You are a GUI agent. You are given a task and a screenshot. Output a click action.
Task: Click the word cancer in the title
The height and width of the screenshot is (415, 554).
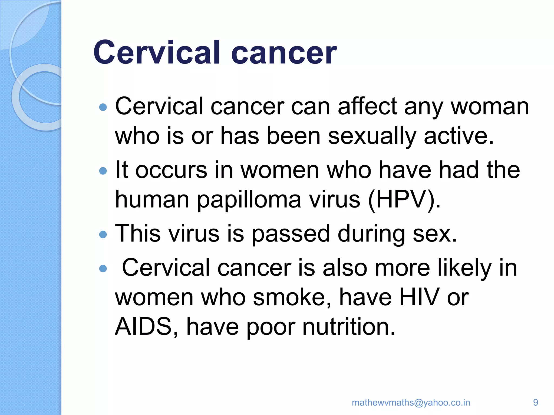pos(284,53)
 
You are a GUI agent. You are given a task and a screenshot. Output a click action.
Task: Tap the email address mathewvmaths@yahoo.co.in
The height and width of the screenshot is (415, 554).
pos(411,402)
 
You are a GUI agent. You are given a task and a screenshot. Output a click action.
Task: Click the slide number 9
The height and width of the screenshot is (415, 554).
pos(535,402)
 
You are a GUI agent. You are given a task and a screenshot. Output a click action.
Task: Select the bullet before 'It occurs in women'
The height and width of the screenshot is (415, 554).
pos(103,171)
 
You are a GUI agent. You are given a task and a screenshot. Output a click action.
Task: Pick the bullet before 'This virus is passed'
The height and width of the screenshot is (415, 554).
pos(103,234)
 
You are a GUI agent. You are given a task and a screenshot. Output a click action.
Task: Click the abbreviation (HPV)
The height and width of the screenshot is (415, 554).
pos(404,200)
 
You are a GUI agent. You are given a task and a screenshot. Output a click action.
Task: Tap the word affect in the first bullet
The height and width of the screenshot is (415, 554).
pos(367,106)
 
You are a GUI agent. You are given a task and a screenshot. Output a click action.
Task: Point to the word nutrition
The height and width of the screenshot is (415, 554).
pos(349,327)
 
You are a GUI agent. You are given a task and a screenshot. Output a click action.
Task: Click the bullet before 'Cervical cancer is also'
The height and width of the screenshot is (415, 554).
pos(103,269)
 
